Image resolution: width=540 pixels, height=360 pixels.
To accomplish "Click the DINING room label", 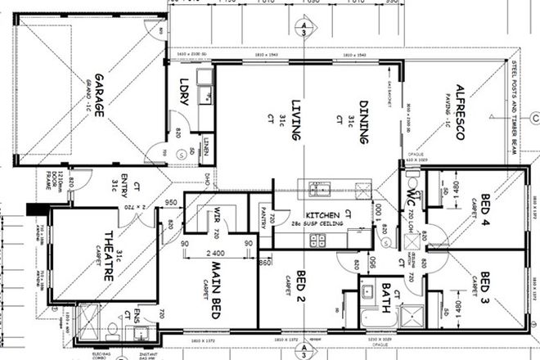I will (363, 119).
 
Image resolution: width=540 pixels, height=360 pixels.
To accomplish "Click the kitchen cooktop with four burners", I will (317, 239).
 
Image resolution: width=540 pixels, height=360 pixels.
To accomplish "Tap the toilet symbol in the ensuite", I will (113, 331).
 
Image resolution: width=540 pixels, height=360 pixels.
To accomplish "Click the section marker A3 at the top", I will (304, 30).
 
